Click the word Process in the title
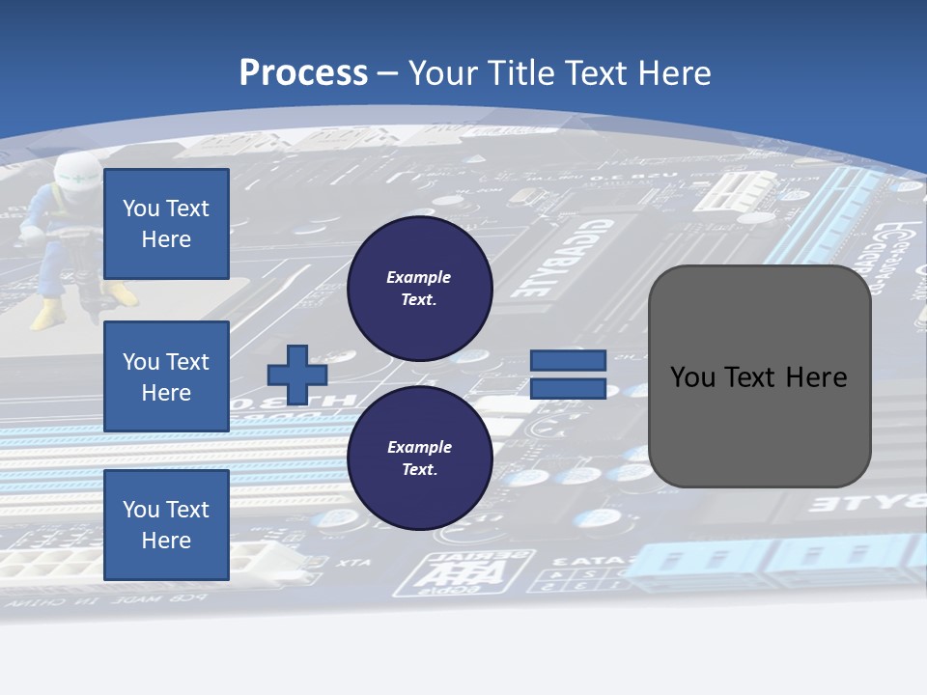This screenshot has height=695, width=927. click(303, 73)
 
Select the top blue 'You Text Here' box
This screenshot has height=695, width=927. click(166, 224)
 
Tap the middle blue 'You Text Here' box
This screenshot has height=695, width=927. click(166, 376)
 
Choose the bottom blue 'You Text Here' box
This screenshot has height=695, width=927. click(166, 525)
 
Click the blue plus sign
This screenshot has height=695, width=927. click(296, 375)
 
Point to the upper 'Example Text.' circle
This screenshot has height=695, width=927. click(420, 289)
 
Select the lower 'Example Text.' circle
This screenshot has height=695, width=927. click(420, 459)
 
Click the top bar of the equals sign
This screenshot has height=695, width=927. click(568, 360)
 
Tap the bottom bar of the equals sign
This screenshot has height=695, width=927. click(568, 389)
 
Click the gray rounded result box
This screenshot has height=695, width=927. click(759, 376)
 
